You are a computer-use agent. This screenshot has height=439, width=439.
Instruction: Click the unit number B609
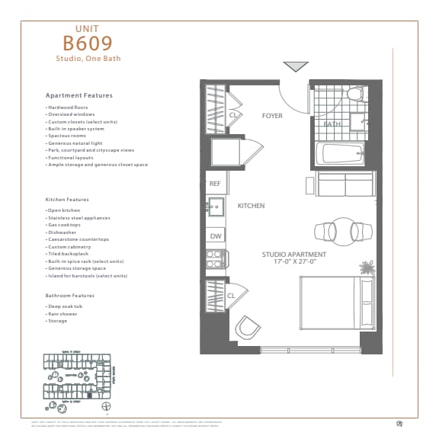(88, 43)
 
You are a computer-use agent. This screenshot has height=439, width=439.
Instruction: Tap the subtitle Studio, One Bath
(88, 58)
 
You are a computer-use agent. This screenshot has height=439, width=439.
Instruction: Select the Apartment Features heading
(79, 96)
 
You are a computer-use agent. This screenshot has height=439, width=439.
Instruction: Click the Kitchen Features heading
(67, 200)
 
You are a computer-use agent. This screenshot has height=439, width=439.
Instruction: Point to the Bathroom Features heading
(70, 295)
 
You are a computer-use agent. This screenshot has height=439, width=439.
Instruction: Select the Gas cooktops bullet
(64, 225)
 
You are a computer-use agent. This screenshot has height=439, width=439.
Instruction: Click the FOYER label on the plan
(272, 116)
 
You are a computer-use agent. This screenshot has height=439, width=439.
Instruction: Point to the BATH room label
(332, 123)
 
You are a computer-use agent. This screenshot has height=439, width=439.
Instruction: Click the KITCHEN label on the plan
(251, 206)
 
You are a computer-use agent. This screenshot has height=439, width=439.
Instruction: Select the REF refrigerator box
(215, 184)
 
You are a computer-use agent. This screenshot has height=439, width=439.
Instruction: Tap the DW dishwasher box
(215, 236)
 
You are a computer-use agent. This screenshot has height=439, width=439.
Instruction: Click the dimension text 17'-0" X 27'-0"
(294, 261)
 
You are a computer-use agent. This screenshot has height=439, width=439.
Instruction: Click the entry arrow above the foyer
(295, 67)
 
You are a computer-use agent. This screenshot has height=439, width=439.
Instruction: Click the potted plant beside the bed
(367, 268)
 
